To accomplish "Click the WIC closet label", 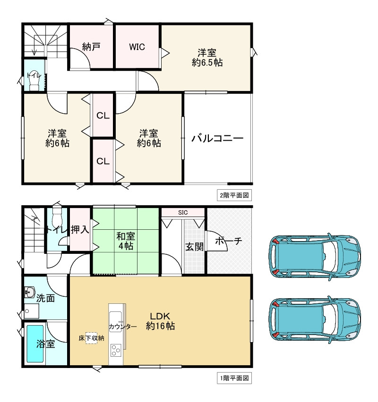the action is pos(137,47).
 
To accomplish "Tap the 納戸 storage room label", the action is pos(91,47).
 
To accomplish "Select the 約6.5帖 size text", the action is pos(207,63).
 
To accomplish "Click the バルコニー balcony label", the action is pos(217,138).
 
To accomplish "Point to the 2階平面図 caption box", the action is pos(234,195).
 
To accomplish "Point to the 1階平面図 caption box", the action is pos(234,378).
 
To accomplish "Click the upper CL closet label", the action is pos(103,116).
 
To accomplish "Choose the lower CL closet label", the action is pos(103,161).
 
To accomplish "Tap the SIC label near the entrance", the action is pos(183,212).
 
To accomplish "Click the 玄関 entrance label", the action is pos(194,247).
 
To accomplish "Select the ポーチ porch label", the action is pos(229,241).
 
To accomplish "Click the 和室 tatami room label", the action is pos(126,236).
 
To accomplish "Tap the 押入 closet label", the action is pos(80,230).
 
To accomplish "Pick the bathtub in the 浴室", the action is pos(35,343).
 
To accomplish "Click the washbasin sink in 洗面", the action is pos(30,292).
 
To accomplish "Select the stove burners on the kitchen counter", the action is pos(116,350).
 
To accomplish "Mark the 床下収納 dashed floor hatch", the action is pos(91,338).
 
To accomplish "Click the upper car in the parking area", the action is pos(315,257).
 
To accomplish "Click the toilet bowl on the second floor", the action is pos(34,80).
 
